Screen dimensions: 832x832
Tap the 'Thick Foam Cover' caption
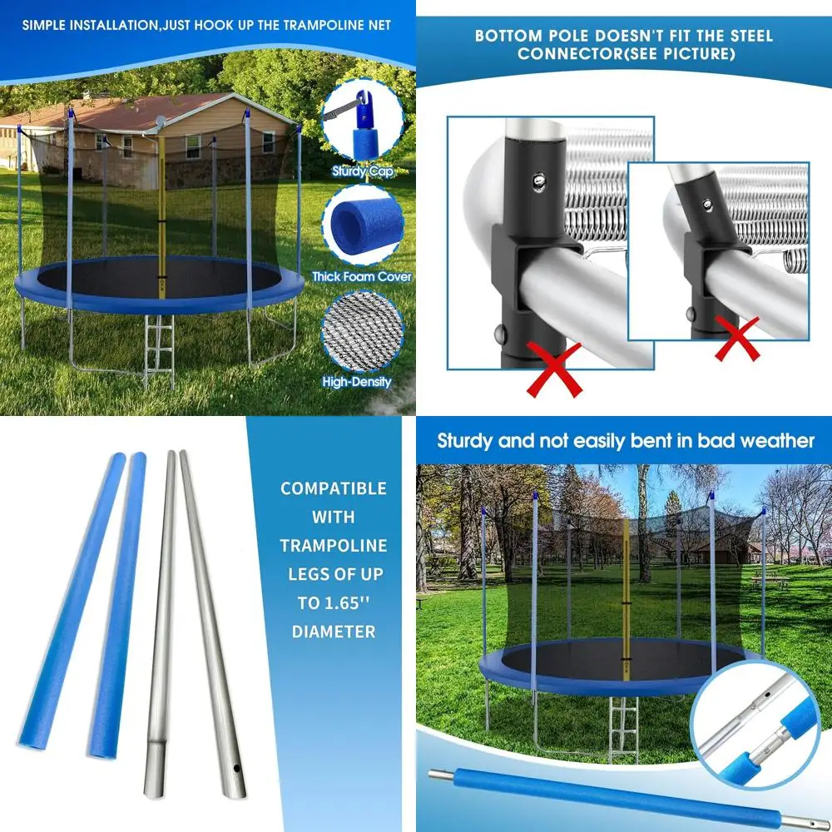coord(361,276)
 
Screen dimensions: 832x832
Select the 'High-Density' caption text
coord(357,383)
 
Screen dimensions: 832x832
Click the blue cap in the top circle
coord(364,121)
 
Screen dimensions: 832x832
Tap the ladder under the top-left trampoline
coord(159,353)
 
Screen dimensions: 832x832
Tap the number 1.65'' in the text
coord(344,602)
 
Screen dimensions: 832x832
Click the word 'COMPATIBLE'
coord(333,488)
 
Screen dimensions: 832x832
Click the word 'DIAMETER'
coord(333,631)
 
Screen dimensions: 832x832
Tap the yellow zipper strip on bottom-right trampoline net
coord(626,582)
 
